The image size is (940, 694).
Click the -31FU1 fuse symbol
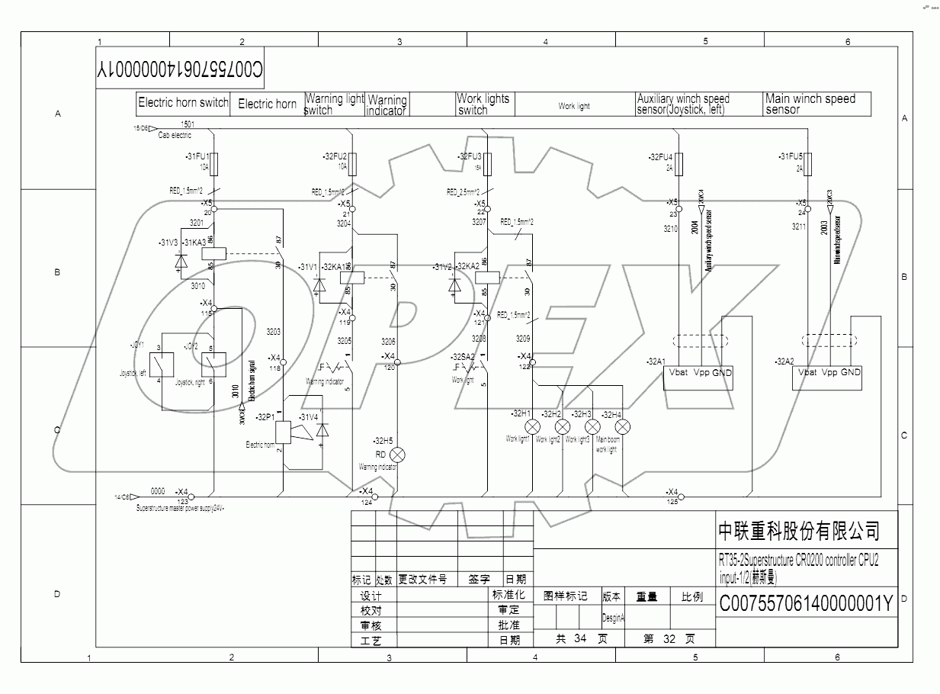(215, 162)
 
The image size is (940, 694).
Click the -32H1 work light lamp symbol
(533, 426)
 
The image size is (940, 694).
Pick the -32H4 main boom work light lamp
(623, 426)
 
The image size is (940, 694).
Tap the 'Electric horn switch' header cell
(183, 103)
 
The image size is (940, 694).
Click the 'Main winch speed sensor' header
(817, 104)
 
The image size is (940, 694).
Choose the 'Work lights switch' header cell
(483, 104)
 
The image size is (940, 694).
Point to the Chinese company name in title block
(798, 530)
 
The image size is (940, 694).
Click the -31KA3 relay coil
(216, 251)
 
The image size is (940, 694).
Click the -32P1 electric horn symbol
(281, 432)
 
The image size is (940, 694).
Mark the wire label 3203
(273, 332)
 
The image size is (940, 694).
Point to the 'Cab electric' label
(175, 136)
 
